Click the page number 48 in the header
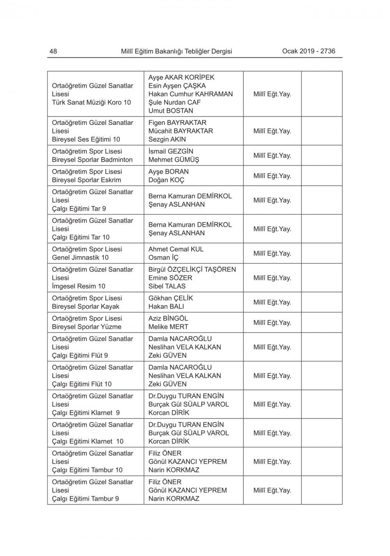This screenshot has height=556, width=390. pyautogui.click(x=53, y=51)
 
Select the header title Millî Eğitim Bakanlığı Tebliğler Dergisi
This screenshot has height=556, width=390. pyautogui.click(x=176, y=51)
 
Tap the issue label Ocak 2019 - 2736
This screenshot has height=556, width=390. pyautogui.click(x=308, y=51)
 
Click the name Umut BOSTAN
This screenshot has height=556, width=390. pyautogui.click(x=170, y=110)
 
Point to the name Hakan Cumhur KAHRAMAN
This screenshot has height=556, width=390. pyautogui.click(x=190, y=94)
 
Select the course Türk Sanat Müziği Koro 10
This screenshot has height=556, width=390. pyautogui.click(x=91, y=102)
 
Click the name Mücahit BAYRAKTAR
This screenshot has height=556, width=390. pyautogui.click(x=181, y=131)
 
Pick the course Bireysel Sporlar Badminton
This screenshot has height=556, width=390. pyautogui.click(x=92, y=160)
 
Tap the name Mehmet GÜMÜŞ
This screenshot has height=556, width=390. pyautogui.click(x=174, y=160)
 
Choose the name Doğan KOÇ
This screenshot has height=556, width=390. pyautogui.click(x=166, y=180)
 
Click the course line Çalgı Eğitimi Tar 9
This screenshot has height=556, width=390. pyautogui.click(x=79, y=208)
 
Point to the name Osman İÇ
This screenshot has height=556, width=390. pyautogui.click(x=165, y=258)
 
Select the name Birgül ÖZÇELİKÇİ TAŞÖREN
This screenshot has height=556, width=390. pyautogui.click(x=192, y=269)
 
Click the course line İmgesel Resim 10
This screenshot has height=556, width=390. pyautogui.click(x=78, y=286)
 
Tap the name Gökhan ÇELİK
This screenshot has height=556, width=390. pyautogui.click(x=170, y=298)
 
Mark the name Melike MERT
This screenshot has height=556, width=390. pyautogui.click(x=168, y=327)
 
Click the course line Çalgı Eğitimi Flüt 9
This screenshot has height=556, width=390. pyautogui.click(x=80, y=355)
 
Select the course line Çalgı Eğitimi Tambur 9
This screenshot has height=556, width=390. pyautogui.click(x=85, y=499)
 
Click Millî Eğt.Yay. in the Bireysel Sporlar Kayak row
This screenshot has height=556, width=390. pyautogui.click(x=272, y=302)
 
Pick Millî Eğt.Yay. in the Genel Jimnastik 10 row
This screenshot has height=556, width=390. pyautogui.click(x=272, y=253)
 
